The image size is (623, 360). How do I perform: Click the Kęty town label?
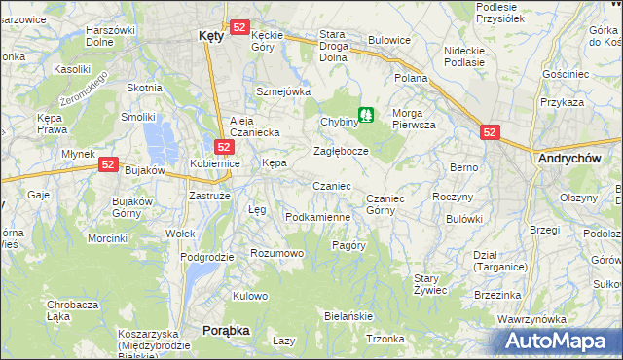click(x=210, y=35)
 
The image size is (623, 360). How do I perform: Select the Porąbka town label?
click(x=226, y=331)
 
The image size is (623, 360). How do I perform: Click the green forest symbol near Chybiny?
click(x=366, y=115)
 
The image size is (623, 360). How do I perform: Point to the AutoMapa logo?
click(x=556, y=342)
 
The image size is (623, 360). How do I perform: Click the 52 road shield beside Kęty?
click(x=239, y=27)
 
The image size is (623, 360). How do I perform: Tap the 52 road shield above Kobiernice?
click(x=223, y=147)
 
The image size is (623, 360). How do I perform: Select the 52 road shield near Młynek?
click(x=107, y=166)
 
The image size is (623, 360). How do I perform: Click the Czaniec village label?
click(x=331, y=186)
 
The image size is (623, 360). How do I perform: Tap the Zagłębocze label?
click(x=341, y=152)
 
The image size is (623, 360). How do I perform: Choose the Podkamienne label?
click(x=317, y=217)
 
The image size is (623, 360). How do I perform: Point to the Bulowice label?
click(x=388, y=41)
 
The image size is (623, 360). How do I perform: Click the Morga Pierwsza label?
click(x=414, y=119)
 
